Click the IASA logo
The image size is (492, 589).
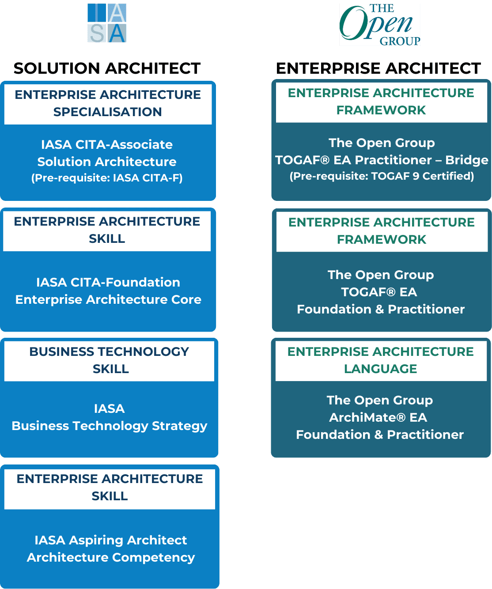[106, 23]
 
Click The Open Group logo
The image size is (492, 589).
[380, 25]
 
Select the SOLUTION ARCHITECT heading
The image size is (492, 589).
[107, 68]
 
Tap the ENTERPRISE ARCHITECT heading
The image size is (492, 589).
[378, 68]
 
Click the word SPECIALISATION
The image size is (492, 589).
[107, 112]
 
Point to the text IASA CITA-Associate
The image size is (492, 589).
[107, 145]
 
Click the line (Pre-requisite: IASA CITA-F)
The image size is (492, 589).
[107, 178]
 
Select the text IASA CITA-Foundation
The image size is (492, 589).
[108, 283]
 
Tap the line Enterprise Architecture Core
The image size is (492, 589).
[108, 299]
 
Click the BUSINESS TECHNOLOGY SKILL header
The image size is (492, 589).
[109, 360]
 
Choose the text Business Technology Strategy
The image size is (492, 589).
[109, 426]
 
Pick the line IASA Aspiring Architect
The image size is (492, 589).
[110, 540]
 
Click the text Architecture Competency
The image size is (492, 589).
[110, 558]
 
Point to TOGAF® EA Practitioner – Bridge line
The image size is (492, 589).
[382, 160]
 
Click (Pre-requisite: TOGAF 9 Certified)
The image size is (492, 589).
[382, 176]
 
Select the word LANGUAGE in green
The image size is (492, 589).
[380, 369]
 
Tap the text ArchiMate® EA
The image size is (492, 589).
[378, 418]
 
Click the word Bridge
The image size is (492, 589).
[467, 160]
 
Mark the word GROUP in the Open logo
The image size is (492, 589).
[400, 41]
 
